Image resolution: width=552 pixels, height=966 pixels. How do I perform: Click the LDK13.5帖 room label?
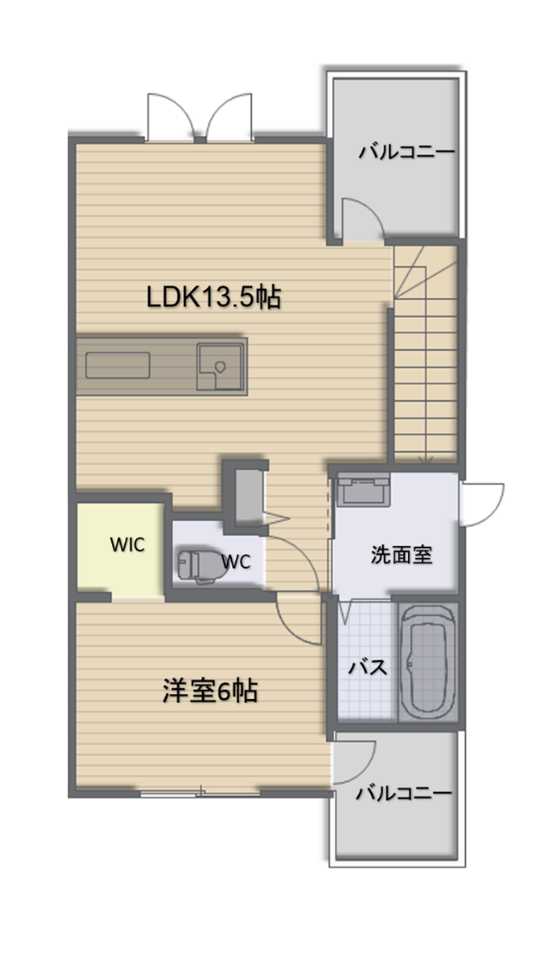(x=213, y=297)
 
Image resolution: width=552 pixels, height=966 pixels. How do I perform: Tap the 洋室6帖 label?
(x=210, y=689)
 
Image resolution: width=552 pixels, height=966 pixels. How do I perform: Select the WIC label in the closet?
(x=128, y=544)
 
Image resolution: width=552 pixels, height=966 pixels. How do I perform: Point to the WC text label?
(x=235, y=562)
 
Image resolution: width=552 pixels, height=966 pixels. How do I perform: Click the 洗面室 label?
(x=401, y=555)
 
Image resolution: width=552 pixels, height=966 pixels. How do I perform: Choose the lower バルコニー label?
(x=404, y=793)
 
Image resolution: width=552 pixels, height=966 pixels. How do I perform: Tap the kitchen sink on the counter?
(x=220, y=366)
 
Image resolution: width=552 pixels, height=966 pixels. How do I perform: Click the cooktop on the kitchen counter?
(x=117, y=365)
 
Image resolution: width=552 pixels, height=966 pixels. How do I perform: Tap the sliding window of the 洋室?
(x=200, y=793)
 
